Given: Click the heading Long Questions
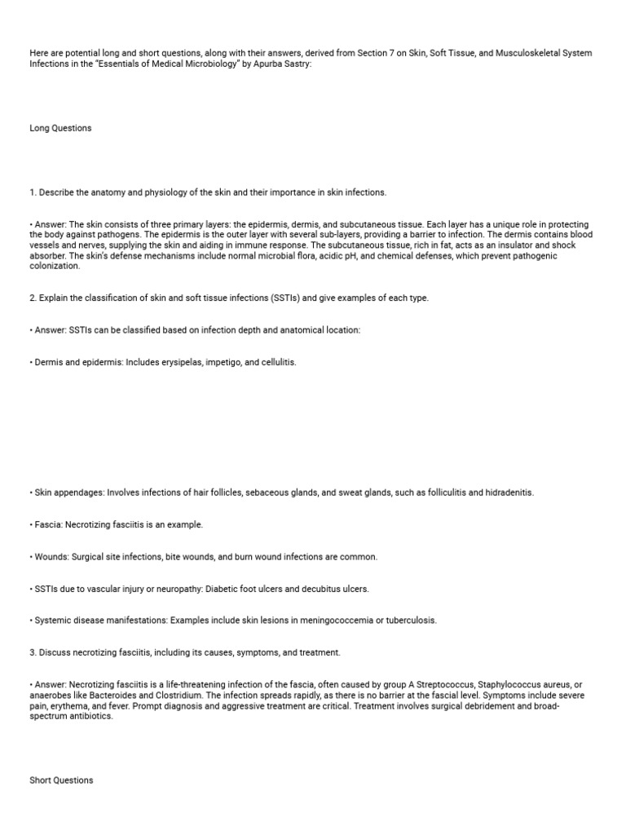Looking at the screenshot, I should [60, 128].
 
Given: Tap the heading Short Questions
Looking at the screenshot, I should [61, 780].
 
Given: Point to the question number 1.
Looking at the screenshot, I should [32, 192].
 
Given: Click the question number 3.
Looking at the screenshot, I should [32, 652].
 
